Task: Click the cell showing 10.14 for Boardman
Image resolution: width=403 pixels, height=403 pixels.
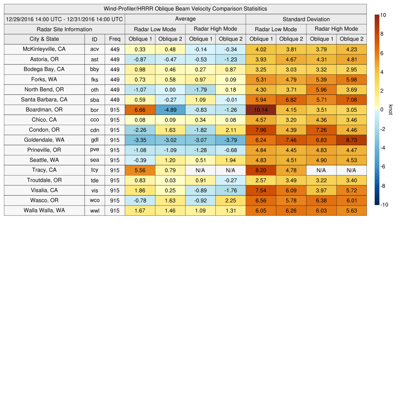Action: pyautogui.click(x=261, y=110)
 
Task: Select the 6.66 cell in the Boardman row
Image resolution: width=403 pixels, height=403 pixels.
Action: pyautogui.click(x=140, y=110)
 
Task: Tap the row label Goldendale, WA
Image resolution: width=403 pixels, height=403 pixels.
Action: pyautogui.click(x=44, y=140)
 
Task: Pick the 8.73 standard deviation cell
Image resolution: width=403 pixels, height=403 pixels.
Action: pyautogui.click(x=351, y=140)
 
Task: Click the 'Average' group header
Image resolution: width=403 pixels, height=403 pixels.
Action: pyautogui.click(x=185, y=19)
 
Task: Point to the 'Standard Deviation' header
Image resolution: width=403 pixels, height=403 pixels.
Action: pyautogui.click(x=306, y=19)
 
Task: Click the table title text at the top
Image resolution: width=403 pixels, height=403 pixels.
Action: pyautogui.click(x=185, y=9)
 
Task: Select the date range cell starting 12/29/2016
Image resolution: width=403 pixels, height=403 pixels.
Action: pyautogui.click(x=64, y=19)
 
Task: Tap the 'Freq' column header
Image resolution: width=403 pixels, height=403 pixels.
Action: pyautogui.click(x=115, y=39)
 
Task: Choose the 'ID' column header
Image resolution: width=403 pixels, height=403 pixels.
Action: pyautogui.click(x=94, y=39)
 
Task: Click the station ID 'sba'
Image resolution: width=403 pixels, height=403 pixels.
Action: pyautogui.click(x=94, y=100)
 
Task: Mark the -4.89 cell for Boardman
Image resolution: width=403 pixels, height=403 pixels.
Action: pyautogui.click(x=170, y=110)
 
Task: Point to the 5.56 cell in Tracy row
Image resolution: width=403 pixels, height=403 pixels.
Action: pyautogui.click(x=140, y=170)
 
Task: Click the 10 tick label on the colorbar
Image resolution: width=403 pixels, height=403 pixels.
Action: pyautogui.click(x=383, y=15)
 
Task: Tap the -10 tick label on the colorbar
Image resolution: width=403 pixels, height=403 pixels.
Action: pyautogui.click(x=384, y=205)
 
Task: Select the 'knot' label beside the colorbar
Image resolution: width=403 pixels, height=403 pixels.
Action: pyautogui.click(x=391, y=110)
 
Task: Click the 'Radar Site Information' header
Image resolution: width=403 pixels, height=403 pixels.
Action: pyautogui.click(x=64, y=29)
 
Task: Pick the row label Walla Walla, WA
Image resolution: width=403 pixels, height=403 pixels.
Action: pyautogui.click(x=44, y=210)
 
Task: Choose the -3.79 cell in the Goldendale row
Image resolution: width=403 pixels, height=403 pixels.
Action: pyautogui.click(x=230, y=140)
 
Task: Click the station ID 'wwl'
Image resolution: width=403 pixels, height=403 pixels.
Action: pyautogui.click(x=94, y=211)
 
